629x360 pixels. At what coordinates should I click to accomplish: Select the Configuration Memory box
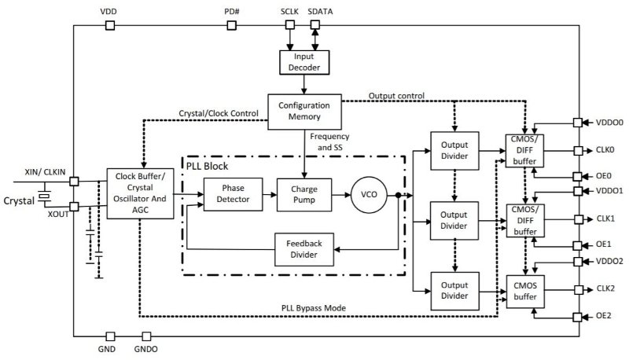coord(305,111)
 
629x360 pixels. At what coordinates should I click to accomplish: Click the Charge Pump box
coord(305,193)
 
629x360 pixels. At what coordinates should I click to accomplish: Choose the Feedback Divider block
coord(303,248)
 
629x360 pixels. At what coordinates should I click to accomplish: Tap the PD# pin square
coord(232,25)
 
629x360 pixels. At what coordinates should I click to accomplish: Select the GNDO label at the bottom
coord(146,347)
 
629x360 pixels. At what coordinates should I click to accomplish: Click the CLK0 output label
coord(605,149)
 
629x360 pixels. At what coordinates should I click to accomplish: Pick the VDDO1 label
coord(610,191)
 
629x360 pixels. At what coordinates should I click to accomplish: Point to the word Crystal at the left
coord(18,200)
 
